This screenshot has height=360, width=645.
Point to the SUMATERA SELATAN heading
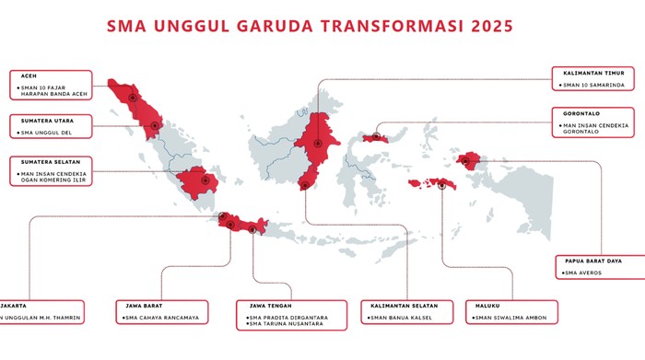coord(44,160)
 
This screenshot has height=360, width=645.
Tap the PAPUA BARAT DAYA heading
coord(597,261)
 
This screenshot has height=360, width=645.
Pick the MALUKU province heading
coord(487,305)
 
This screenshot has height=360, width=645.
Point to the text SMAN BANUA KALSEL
coord(402,319)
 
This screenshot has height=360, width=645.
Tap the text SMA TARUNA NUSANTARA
coord(285,326)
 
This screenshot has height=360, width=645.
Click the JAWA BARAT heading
coord(144,305)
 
